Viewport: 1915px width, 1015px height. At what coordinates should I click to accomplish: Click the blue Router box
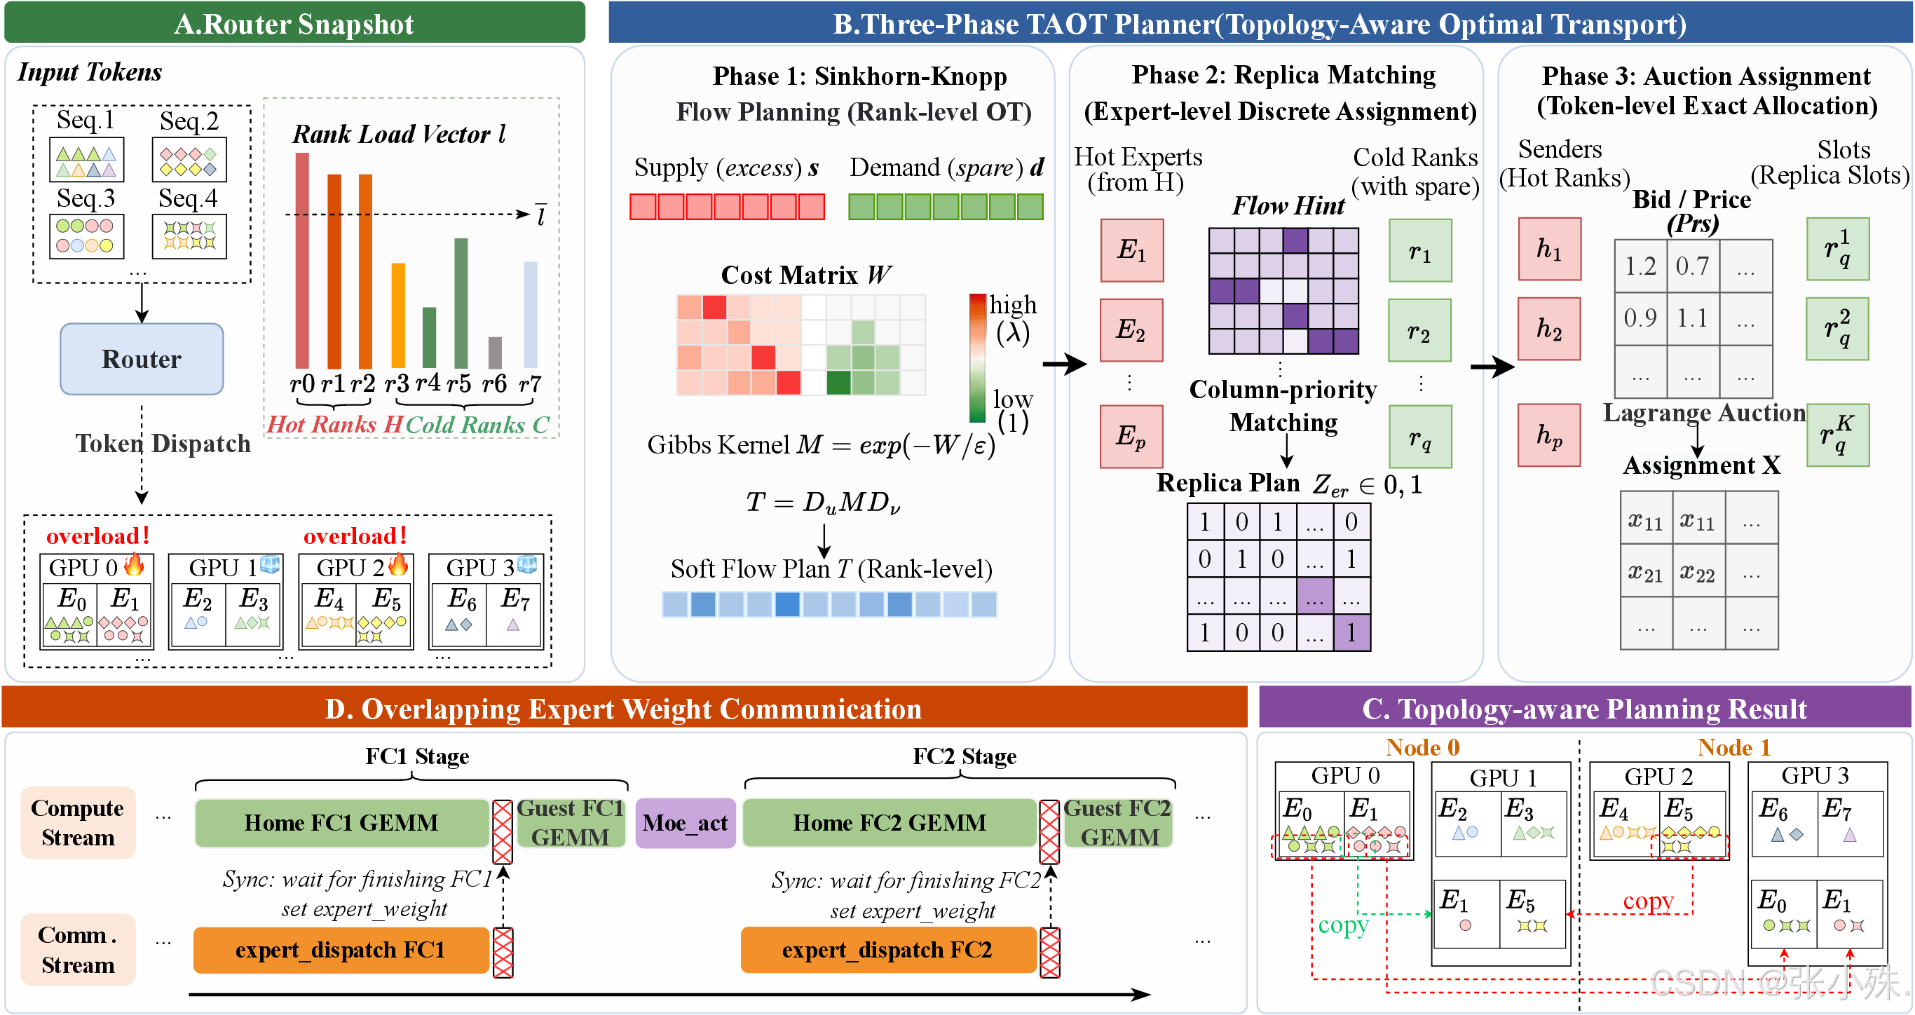[x=142, y=358]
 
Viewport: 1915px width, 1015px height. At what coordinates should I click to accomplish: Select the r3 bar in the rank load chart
[x=398, y=315]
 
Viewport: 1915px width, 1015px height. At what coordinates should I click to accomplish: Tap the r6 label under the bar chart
[x=494, y=383]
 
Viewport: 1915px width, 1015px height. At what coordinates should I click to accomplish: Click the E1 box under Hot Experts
[x=1131, y=250]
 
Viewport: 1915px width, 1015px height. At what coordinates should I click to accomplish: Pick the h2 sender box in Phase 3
[x=1549, y=329]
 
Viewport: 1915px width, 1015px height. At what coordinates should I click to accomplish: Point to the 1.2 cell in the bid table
[x=1640, y=266]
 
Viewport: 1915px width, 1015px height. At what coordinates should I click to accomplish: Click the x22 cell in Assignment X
[x=1698, y=572]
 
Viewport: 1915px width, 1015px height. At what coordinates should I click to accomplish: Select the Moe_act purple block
[x=685, y=822]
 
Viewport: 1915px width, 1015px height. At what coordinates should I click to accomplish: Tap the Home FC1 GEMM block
[x=342, y=822]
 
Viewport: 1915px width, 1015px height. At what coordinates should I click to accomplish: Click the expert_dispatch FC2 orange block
[x=887, y=950]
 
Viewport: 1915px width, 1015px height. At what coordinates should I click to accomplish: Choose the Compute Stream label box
[x=78, y=822]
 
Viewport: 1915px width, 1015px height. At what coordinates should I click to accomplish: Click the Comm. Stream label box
[x=78, y=950]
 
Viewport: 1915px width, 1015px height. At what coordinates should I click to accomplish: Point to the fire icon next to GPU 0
[x=135, y=564]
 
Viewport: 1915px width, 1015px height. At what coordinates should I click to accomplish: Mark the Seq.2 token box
[x=189, y=160]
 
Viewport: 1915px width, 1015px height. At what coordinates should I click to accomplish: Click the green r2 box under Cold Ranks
[x=1420, y=330]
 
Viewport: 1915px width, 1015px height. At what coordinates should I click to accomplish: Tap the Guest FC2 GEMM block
[x=1118, y=822]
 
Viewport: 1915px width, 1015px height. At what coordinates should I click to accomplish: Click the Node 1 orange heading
[x=1733, y=747]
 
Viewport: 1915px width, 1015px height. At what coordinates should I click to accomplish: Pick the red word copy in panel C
[x=1647, y=901]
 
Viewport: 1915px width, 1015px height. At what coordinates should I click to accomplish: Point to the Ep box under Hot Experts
[x=1131, y=436]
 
